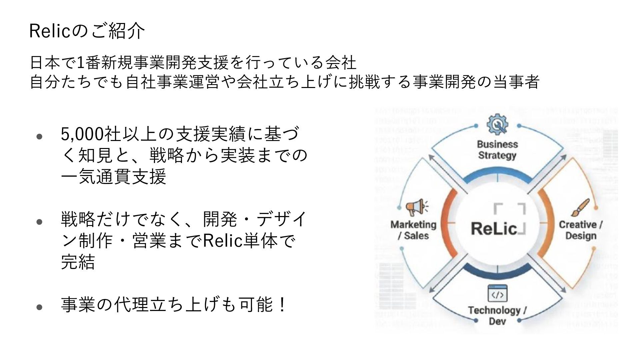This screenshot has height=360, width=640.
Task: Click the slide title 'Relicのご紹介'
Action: click(x=87, y=31)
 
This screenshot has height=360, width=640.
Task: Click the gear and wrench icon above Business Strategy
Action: click(x=497, y=125)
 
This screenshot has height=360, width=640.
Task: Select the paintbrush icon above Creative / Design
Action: click(x=580, y=208)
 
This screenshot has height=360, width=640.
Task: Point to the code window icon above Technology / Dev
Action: click(x=497, y=294)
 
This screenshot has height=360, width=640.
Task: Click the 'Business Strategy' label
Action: click(x=497, y=150)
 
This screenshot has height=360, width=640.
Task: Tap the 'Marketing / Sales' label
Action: click(x=414, y=230)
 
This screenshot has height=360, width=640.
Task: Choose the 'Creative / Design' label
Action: click(x=581, y=230)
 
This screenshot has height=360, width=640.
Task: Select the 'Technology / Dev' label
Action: click(x=497, y=316)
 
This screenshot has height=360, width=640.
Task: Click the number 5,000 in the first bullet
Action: click(x=82, y=134)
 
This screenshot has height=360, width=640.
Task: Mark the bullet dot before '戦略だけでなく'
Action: click(x=39, y=222)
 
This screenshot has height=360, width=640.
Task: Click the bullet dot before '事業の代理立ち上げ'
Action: click(x=39, y=307)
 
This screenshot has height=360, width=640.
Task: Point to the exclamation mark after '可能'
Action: click(x=282, y=305)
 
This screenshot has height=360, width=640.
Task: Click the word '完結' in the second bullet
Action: click(x=78, y=262)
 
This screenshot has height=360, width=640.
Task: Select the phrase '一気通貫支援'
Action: click(x=113, y=177)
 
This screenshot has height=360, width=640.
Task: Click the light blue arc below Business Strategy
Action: click(x=497, y=176)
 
